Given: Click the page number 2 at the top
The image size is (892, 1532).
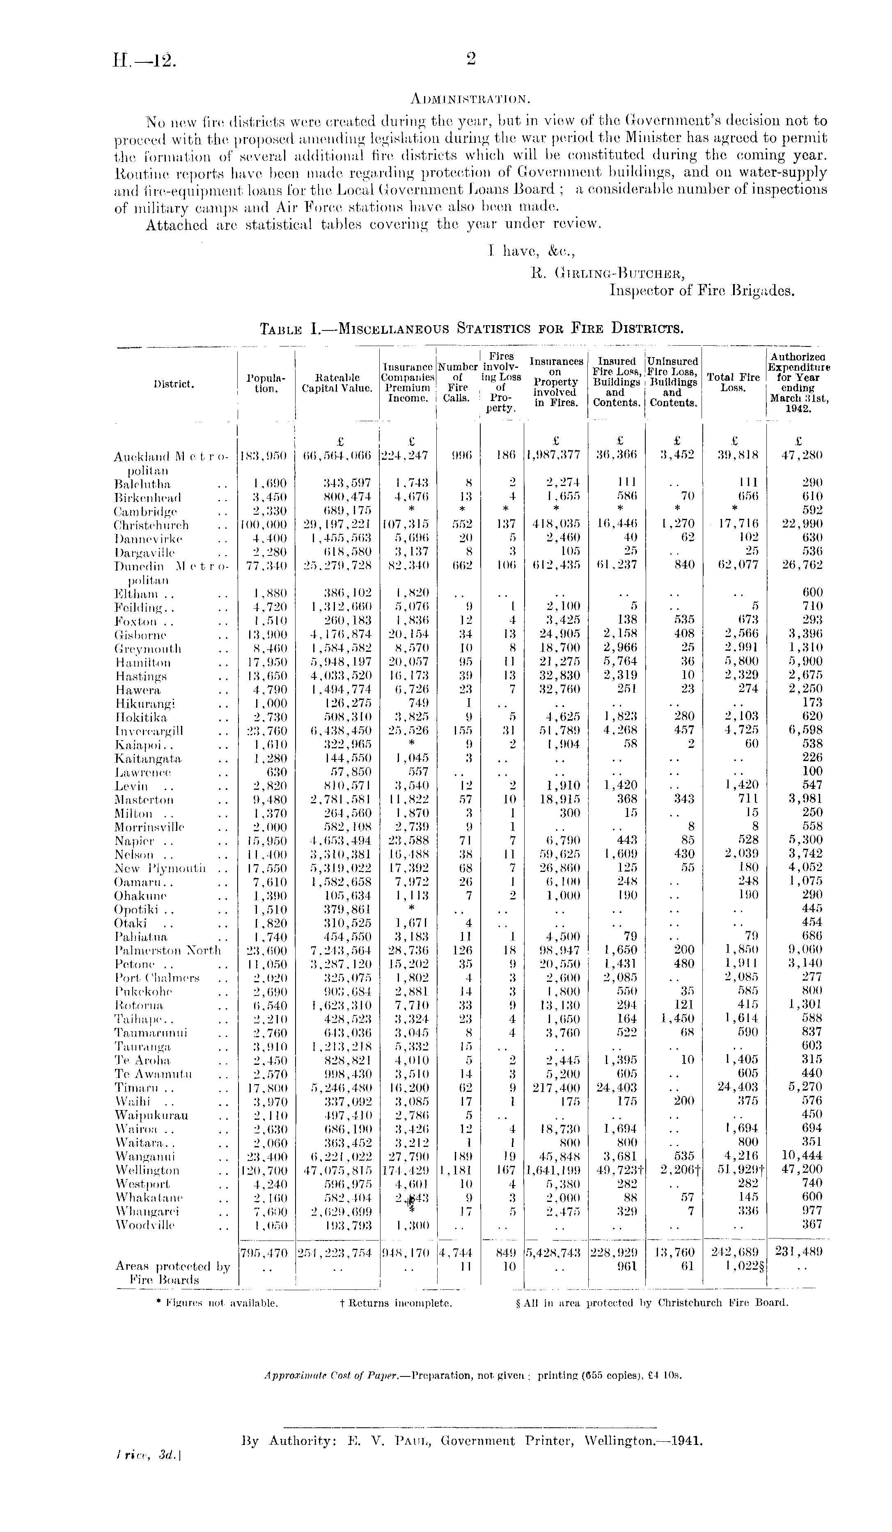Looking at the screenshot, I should (x=470, y=59).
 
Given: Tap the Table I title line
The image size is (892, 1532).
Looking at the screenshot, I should (x=471, y=330).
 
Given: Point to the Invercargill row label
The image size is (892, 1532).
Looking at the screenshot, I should (x=149, y=730).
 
